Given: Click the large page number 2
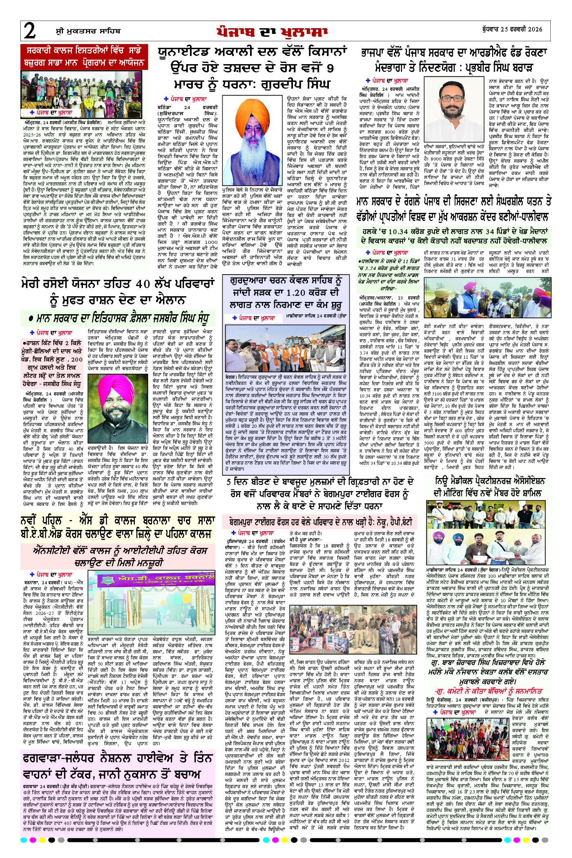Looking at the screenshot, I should coord(29,31).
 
